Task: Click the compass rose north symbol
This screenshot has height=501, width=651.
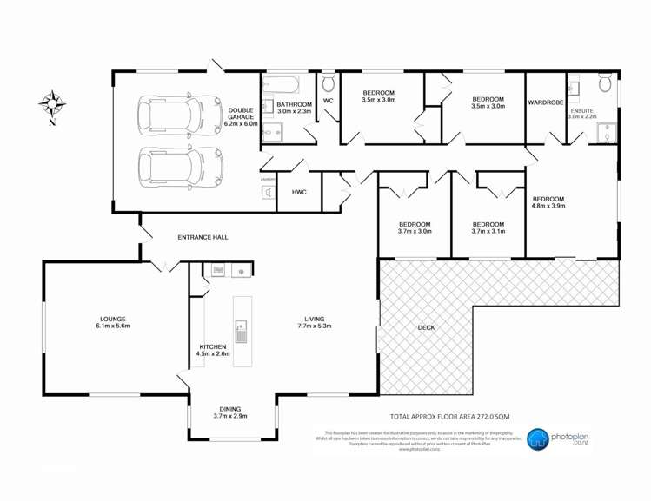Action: pos(53,104)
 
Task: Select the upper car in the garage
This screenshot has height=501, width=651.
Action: pos(180,114)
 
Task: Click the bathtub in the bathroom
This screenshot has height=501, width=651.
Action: pos(281,85)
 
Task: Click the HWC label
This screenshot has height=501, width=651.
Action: pos(298,192)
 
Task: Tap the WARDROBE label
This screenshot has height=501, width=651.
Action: pos(546,102)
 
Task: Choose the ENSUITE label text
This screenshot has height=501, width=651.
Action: pos(582,110)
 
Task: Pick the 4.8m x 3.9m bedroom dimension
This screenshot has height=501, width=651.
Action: pos(548,207)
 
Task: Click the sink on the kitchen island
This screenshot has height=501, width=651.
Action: pos(241,330)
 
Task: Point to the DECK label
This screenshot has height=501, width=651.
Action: pos(426,327)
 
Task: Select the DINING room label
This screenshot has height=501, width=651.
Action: pos(230,409)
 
